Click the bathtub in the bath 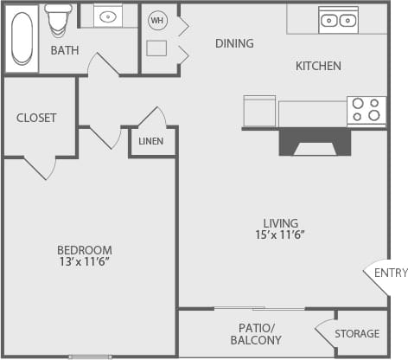coord(22,38)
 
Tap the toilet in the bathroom coord(59,17)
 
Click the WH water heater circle coord(157,20)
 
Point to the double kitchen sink coord(338,19)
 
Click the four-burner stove coord(367,110)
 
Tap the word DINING coord(234,43)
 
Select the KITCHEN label coord(318,66)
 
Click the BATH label coord(65,50)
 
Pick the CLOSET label coord(36,118)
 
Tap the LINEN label coord(151,141)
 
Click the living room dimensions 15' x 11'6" coord(281,235)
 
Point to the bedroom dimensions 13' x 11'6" coord(84,261)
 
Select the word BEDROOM coord(85,250)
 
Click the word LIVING coord(281,223)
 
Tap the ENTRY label coord(391,273)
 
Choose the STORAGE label coord(357,333)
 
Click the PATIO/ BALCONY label coord(256,334)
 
